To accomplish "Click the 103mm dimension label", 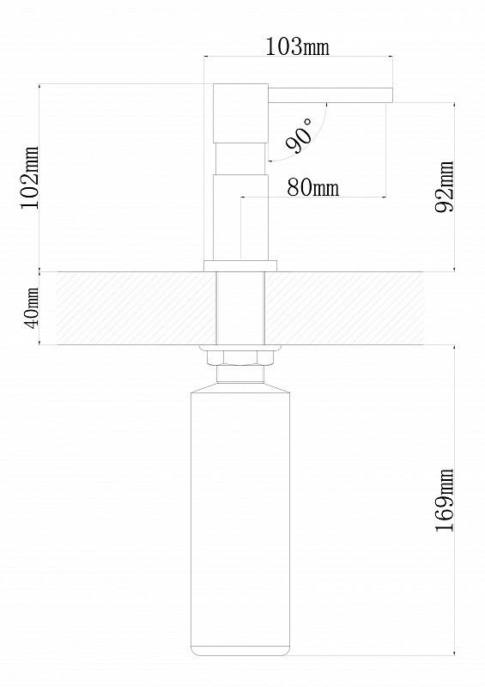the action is click(298, 47).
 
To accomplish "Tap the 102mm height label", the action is click(30, 178).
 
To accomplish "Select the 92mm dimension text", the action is click(445, 187).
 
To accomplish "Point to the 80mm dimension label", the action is click(313, 187).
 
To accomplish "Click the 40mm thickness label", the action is click(31, 307).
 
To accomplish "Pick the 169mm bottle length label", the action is click(445, 501).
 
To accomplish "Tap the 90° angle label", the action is click(300, 135).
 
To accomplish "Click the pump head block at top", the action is click(240, 112).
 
